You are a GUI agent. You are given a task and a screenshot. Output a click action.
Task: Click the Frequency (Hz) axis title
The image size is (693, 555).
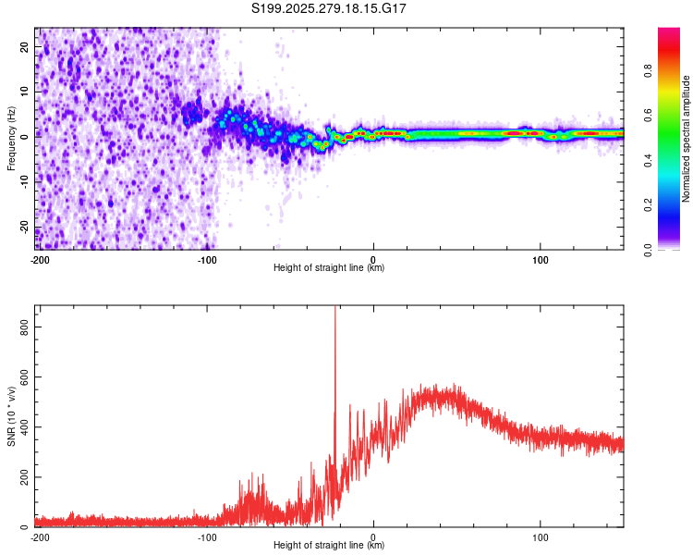coord(11,138)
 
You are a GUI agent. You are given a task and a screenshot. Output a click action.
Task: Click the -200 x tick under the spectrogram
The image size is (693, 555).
coord(40,258)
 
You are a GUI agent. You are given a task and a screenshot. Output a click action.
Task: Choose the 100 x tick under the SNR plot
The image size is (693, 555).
coord(540,536)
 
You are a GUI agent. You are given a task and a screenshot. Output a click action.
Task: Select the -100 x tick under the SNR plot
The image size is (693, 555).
coord(207,536)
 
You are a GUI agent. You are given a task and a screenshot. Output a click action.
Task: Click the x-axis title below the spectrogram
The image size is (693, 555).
coord(329,268)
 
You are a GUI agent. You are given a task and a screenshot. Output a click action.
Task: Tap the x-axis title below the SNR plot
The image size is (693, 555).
coord(329,546)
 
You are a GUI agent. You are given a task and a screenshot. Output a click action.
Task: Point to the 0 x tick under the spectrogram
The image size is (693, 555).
coord(373,258)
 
